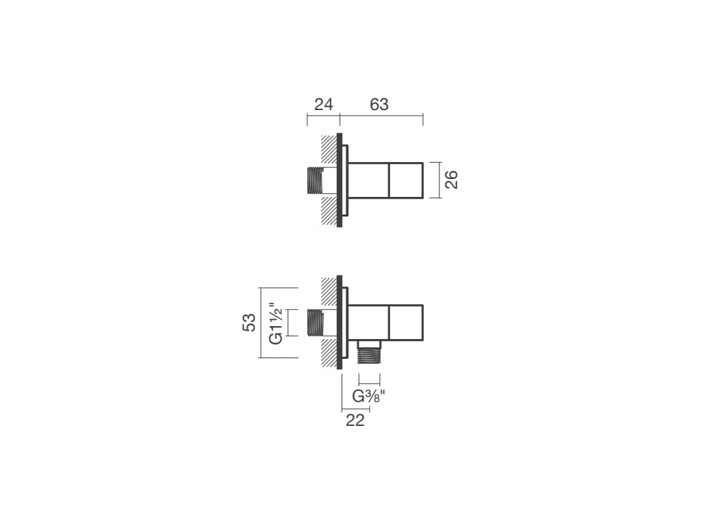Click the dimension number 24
323,105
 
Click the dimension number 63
379,105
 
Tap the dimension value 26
452,180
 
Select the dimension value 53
249,323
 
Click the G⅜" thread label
369,396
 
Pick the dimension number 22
355,420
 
